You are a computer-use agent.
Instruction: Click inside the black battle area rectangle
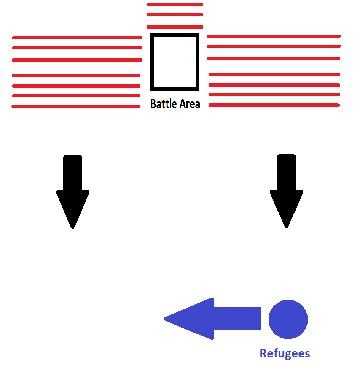(175, 62)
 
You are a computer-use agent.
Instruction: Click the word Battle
(164, 104)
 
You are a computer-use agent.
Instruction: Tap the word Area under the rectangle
(189, 104)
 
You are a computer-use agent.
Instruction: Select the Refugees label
(285, 353)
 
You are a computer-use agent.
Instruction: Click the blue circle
(288, 319)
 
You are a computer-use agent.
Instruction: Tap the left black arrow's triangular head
(73, 207)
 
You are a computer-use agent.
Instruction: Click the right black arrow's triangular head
(286, 207)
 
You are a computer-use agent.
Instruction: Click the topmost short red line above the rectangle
(175, 5)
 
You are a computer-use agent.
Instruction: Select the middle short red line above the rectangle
(175, 15)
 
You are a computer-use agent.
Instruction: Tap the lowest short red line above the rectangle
(175, 27)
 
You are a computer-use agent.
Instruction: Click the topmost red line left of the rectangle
(77, 38)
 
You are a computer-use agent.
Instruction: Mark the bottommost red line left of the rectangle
(76, 106)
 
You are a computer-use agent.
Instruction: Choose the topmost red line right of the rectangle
(274, 36)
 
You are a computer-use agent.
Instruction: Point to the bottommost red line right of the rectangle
(274, 105)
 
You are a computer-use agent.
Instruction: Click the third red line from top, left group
(77, 60)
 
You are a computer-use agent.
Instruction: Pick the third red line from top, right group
(274, 59)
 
